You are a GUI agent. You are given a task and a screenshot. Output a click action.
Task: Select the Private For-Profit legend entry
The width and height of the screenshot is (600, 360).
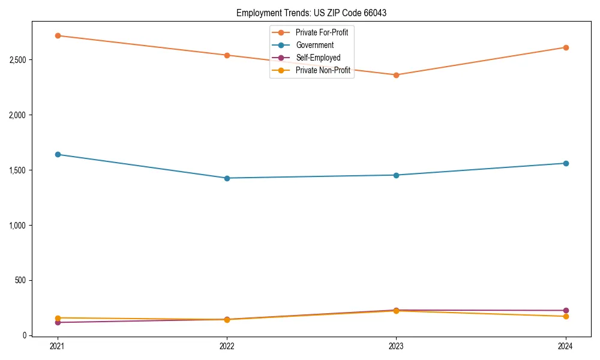coord(322,32)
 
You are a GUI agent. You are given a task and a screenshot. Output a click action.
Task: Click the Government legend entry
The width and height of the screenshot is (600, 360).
coord(314,45)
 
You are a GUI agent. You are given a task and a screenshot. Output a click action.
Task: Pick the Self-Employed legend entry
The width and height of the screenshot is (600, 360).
coord(318,58)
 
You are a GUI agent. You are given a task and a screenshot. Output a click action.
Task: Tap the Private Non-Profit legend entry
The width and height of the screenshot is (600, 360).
coord(323,70)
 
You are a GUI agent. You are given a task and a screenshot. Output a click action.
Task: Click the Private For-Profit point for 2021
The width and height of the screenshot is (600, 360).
coord(58,35)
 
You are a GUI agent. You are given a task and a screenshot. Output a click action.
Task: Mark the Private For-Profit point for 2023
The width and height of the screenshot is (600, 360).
coord(396,75)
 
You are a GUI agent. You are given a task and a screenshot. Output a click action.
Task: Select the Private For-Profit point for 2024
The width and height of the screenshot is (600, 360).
coord(566,47)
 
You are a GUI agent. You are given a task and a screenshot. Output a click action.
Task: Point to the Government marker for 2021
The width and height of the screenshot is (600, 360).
coord(58,154)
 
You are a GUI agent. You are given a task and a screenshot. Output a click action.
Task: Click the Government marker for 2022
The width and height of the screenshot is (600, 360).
coord(227,178)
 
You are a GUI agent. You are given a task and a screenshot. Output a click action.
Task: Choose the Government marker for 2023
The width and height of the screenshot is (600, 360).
coord(396,175)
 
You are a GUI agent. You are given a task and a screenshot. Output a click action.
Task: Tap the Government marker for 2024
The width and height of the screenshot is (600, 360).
coord(566,163)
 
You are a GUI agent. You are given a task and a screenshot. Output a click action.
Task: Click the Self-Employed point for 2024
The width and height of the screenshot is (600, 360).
coord(566,310)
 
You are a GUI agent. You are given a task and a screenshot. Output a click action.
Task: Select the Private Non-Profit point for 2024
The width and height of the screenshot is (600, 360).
coord(566,316)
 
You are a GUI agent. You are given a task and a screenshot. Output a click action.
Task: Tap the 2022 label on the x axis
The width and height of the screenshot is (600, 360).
coord(227,346)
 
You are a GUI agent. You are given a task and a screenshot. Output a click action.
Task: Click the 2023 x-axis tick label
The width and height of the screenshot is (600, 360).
coord(396,346)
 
